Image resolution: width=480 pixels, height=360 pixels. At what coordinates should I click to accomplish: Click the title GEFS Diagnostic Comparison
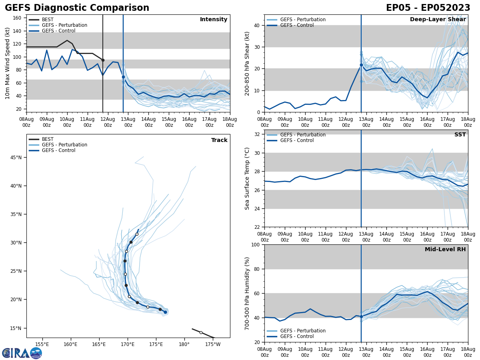point(77,8)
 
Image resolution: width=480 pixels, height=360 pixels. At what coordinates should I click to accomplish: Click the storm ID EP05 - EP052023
point(428,8)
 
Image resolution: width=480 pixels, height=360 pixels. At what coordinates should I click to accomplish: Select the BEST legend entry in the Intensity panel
point(47,20)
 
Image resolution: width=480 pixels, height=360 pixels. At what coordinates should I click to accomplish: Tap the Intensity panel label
point(214,20)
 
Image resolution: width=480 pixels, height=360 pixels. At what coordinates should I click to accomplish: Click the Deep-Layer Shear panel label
point(438,20)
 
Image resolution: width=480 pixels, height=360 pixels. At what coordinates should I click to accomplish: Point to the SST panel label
point(460,135)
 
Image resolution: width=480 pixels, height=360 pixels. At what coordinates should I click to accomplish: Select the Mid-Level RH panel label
point(445,250)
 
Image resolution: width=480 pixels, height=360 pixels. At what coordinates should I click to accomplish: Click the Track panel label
point(219,140)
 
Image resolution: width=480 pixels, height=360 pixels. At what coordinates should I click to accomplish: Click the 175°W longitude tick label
point(213,344)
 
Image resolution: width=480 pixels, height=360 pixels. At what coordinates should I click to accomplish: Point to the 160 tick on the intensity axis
point(17,18)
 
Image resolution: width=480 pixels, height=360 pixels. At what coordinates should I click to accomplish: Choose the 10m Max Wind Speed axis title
point(8,63)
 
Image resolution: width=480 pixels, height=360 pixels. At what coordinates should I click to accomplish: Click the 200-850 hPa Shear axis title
point(248,63)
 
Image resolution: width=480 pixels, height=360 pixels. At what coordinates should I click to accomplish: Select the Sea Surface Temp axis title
point(248,178)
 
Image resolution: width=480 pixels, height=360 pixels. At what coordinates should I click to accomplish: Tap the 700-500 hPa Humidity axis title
point(248,293)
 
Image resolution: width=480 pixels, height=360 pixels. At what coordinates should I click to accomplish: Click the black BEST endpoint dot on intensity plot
point(103,60)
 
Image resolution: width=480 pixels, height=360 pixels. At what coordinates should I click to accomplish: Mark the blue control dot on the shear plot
point(361,65)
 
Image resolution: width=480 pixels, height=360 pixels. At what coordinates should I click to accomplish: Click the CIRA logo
point(22,353)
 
